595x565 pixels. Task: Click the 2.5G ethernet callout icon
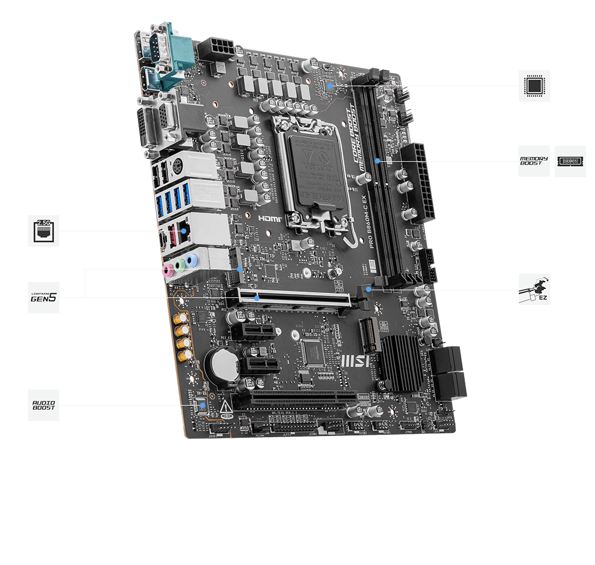pos(43,231)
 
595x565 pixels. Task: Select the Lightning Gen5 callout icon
pos(43,297)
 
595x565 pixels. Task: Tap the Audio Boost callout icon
pos(43,405)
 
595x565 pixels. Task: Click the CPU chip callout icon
pos(534,86)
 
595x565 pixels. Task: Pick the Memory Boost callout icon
pos(534,161)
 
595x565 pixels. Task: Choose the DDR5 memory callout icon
pos(570,161)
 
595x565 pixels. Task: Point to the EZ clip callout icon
pos(534,290)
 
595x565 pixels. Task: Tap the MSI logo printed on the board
pos(356,360)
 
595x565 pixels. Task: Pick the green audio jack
pos(179,265)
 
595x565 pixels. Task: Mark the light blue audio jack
pos(190,260)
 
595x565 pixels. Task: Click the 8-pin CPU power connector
pos(217,49)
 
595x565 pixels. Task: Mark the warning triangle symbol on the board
pos(227,408)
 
